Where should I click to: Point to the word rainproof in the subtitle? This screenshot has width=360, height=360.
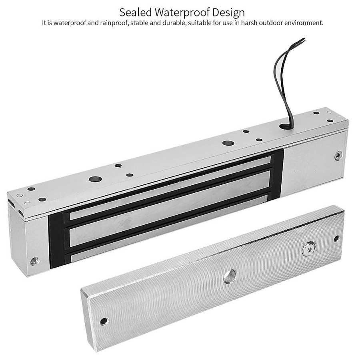point(113,23)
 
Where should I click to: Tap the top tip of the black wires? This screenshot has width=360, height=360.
point(304,39)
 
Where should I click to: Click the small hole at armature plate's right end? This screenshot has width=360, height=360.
point(336,238)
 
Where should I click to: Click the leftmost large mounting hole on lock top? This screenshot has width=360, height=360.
point(94,180)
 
